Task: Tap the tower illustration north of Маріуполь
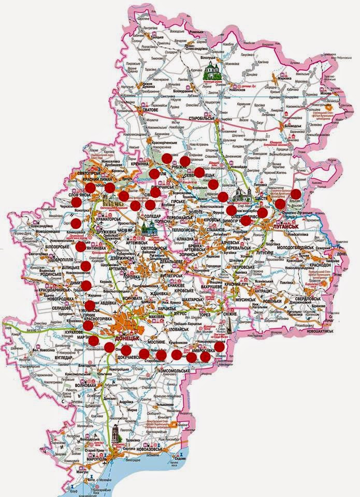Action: (116, 433)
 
